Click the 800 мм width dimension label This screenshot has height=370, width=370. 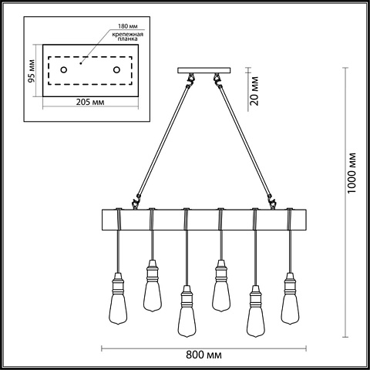tap(203, 355)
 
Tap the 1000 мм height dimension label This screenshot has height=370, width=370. tap(351, 173)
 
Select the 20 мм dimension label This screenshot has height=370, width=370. tap(254, 91)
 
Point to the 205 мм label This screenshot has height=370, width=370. tap(90, 103)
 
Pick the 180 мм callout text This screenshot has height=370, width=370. tap(128, 26)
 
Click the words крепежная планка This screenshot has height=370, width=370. tap(127, 36)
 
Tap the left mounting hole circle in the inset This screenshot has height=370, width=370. tap(63, 69)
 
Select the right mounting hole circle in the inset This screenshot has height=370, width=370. tap(116, 69)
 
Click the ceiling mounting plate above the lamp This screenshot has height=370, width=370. tap(204, 70)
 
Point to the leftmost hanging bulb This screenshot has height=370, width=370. tap(118, 298)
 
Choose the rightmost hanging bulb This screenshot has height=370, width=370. tap(290, 298)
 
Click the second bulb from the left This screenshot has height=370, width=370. tap(153, 286)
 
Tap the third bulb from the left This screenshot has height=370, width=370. tap(187, 311)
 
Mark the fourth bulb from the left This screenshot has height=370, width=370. tap(221, 286)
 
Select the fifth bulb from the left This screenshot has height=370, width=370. tap(256, 311)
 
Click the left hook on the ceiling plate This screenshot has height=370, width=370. tap(190, 79)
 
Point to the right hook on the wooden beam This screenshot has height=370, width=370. tap(272, 202)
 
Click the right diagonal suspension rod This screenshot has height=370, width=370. tap(245, 142)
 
